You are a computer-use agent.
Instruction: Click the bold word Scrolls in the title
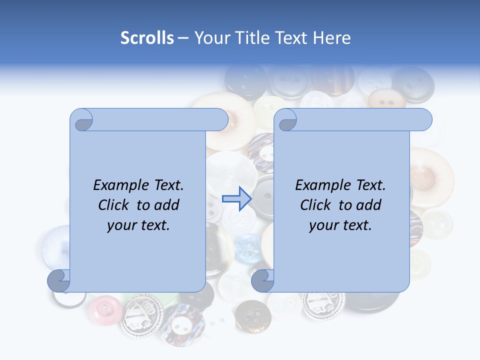coord(147,38)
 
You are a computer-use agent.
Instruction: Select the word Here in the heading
coord(332,38)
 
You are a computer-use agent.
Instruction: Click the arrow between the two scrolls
coord(236,198)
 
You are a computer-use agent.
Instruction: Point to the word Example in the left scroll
coord(115,185)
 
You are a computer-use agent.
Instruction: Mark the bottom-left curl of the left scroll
coord(58,281)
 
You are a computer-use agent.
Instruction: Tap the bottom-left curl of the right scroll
coord(262,281)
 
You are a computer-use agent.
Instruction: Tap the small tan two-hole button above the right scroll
coord(385,99)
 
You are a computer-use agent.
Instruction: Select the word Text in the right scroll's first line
coord(370,185)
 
